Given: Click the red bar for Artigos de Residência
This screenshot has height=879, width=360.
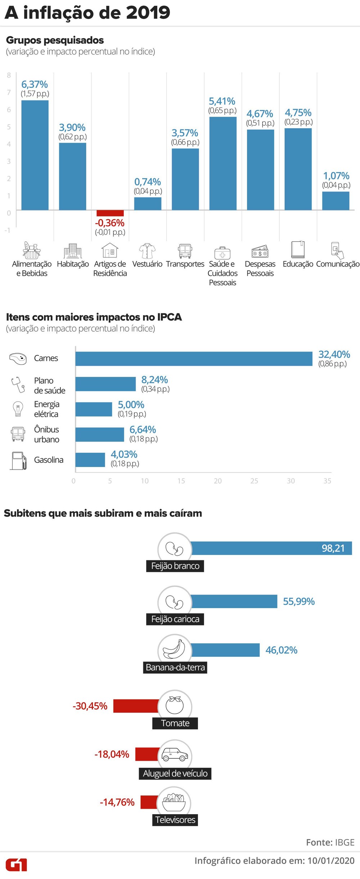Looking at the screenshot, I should pos(110,213).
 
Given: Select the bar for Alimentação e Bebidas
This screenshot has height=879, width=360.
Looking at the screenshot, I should pos(35,155).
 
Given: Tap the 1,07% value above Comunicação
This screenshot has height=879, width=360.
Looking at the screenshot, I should pos(336,176).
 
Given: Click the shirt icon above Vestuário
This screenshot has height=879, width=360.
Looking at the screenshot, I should pos(147,251).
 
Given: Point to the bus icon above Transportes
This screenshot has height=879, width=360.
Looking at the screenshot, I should pos(185,251).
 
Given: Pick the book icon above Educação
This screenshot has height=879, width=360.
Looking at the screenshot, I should pos(298,249).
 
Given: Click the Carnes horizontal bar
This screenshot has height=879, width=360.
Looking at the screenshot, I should pos(194,359).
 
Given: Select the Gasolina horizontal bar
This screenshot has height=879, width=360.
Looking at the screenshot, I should pos(90,459).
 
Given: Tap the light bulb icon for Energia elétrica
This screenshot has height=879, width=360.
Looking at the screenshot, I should pos(18,409).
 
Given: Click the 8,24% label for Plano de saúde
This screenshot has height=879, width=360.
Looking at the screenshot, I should pos(154,380).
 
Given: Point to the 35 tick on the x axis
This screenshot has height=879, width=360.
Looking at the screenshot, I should pos(327,481).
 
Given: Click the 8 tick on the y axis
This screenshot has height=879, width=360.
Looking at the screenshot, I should pos(9,75).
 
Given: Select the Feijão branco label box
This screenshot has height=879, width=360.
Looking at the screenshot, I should pos(175,566).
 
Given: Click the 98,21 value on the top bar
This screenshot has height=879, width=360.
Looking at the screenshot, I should pos(333,548).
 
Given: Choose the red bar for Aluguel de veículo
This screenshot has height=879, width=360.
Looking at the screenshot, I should pos(147,754).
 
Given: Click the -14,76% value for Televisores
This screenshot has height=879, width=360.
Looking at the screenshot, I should pos(117,802).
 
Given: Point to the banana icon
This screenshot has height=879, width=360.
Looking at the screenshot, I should pos(175,649).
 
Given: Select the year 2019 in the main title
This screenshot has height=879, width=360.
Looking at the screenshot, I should pos(148,13).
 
